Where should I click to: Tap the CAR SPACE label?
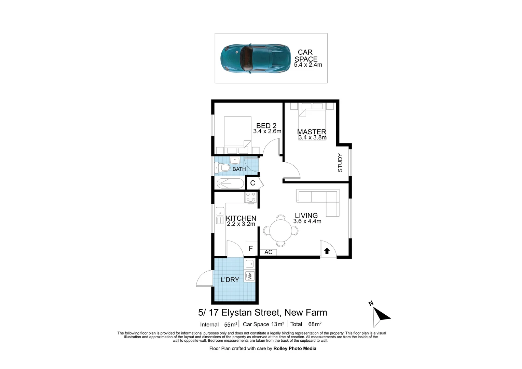(306, 56)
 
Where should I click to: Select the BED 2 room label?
(266, 126)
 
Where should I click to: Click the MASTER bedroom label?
(312, 132)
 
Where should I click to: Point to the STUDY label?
(340, 163)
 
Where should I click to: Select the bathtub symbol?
(230, 183)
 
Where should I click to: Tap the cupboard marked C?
(252, 183)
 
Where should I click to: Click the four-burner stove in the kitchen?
(251, 197)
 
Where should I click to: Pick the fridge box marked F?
(251, 248)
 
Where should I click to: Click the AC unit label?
(268, 252)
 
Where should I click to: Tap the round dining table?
(281, 230)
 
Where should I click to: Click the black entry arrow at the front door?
(327, 251)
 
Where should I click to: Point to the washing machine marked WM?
(249, 275)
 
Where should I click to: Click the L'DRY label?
(230, 280)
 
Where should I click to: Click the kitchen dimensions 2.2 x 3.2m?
(241, 224)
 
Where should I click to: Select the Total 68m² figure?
(306, 324)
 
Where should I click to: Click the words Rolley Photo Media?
(295, 348)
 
